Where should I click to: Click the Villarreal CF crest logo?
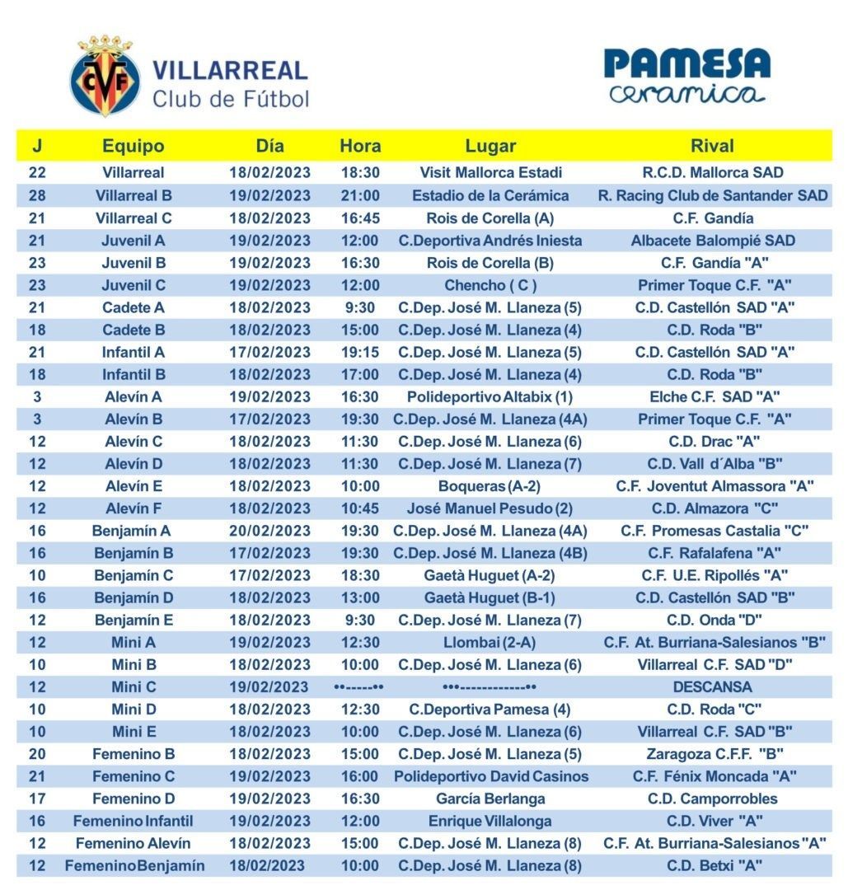[105, 76]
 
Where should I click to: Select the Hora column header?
[360, 146]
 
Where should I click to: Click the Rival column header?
[712, 146]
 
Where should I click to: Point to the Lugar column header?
[490, 146]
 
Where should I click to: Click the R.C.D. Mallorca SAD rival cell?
[712, 173]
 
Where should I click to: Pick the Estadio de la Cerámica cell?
[490, 195]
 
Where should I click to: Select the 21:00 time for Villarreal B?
[360, 195]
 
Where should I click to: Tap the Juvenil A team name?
[134, 241]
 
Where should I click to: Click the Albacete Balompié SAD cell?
[712, 241]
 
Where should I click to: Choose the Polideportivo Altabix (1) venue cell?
[490, 396]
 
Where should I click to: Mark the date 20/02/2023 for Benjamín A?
[269, 531]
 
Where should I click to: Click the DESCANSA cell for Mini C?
[712, 686]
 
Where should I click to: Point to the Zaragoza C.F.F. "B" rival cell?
[712, 753]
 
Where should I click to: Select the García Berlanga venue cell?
[490, 799]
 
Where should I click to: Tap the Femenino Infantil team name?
[134, 821]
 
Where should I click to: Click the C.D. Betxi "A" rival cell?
[712, 865]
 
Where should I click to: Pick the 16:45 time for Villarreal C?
[360, 218]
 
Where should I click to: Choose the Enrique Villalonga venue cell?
[490, 821]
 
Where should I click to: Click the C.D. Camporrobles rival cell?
[712, 799]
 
